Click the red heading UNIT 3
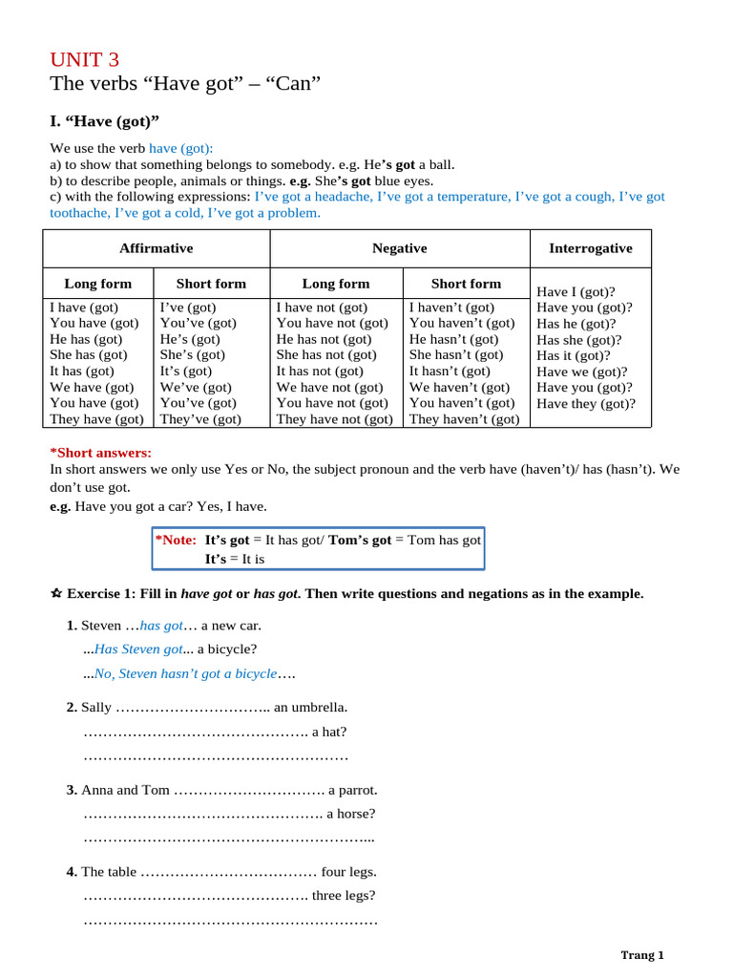(85, 59)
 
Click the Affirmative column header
(156, 248)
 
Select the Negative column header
(399, 248)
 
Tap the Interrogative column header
(590, 248)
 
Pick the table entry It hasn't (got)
(450, 372)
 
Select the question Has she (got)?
(578, 340)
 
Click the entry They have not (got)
(334, 419)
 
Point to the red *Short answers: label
(100, 453)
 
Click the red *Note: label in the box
(176, 541)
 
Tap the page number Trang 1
(641, 955)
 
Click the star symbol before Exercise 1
(55, 594)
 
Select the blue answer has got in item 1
(161, 626)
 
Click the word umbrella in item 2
(316, 708)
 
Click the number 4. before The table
(72, 872)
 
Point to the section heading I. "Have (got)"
(104, 121)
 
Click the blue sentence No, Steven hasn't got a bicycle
(185, 674)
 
